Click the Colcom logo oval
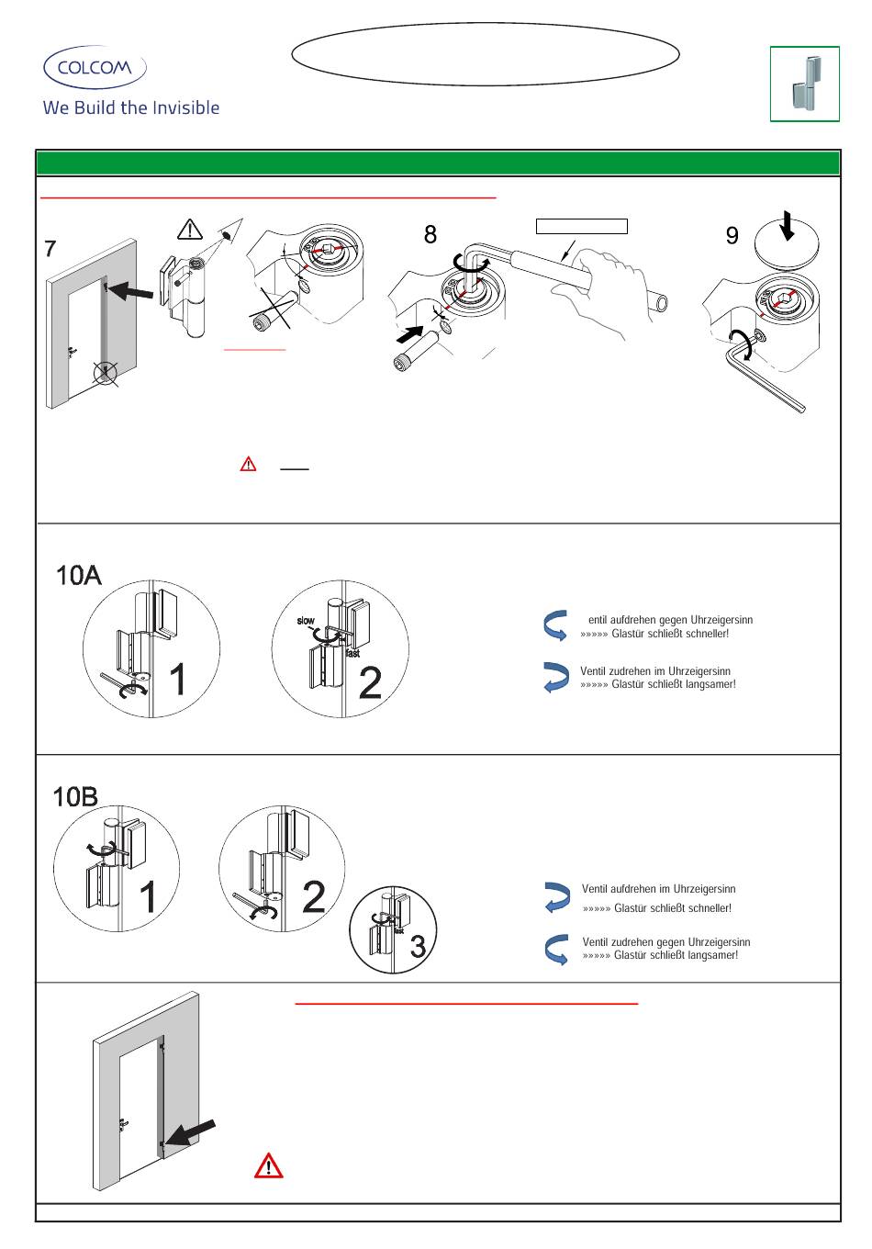95,68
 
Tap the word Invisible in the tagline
186,107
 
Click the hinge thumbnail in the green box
805,84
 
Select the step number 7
50,248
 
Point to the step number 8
430,235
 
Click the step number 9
732,236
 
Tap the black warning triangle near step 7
190,229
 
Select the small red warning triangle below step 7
248,465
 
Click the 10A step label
79,576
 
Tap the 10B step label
75,796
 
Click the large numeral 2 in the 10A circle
370,683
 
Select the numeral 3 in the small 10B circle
418,946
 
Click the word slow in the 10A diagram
306,622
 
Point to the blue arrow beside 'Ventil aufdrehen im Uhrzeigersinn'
556,896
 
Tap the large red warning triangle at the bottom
268,1165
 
